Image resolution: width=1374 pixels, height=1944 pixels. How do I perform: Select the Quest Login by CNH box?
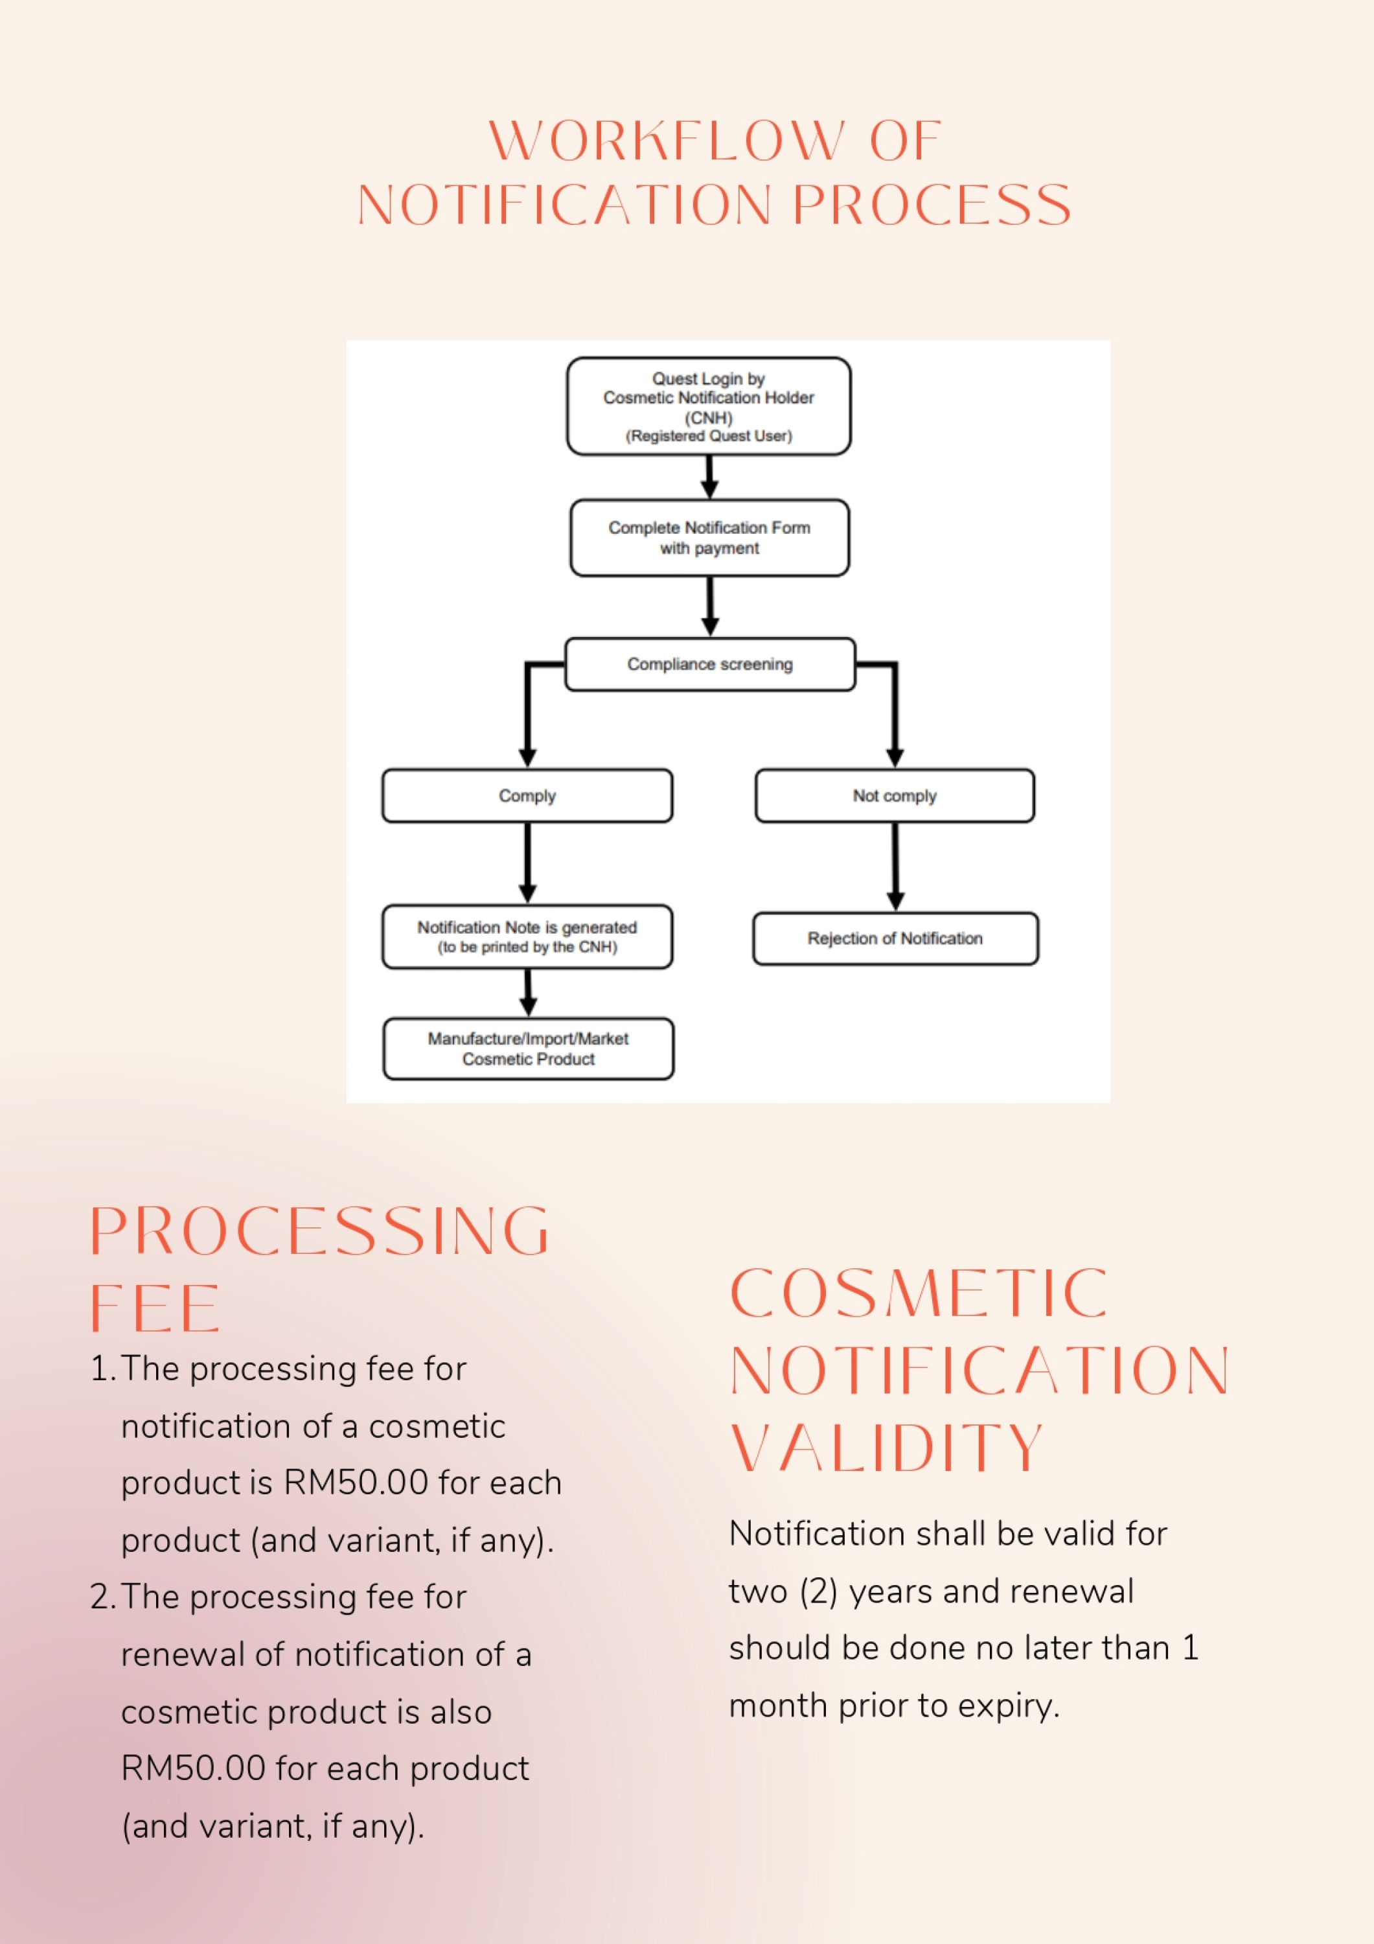pyautogui.click(x=709, y=406)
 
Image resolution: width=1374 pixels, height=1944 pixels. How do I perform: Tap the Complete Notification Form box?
pyautogui.click(x=709, y=538)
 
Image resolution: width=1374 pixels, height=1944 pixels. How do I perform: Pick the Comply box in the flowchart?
pyautogui.click(x=527, y=796)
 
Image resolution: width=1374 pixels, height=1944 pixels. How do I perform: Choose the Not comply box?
pyautogui.click(x=895, y=796)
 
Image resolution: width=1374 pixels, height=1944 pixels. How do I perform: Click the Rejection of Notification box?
pyautogui.click(x=895, y=938)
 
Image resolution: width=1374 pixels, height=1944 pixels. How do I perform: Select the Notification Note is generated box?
pyautogui.click(x=527, y=936)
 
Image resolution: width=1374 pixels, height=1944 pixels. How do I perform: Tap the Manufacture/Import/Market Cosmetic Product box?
pyautogui.click(x=528, y=1048)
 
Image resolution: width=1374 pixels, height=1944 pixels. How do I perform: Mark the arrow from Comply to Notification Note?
pyautogui.click(x=527, y=862)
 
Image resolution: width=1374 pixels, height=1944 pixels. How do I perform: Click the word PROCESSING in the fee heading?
pyautogui.click(x=320, y=1231)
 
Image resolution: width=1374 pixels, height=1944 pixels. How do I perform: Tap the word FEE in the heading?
pyautogui.click(x=155, y=1308)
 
